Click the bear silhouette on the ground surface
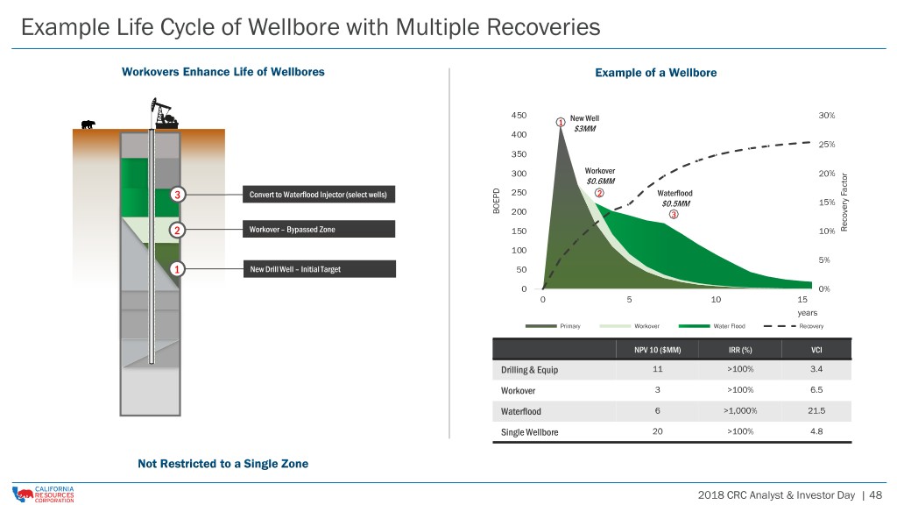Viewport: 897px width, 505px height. pyautogui.click(x=88, y=124)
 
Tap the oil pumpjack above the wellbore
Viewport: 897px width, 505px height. pyautogui.click(x=165, y=113)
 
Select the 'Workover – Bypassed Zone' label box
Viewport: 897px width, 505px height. pyautogui.click(x=319, y=229)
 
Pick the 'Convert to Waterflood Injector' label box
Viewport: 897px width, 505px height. pyautogui.click(x=319, y=195)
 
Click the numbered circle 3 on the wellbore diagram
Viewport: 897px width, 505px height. pyautogui.click(x=177, y=195)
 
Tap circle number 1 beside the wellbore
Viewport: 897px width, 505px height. pyautogui.click(x=177, y=269)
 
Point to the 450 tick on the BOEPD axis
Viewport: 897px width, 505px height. pyautogui.click(x=519, y=115)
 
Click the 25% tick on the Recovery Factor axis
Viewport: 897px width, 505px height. pyautogui.click(x=827, y=145)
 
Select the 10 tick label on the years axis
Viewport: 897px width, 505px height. pyautogui.click(x=716, y=300)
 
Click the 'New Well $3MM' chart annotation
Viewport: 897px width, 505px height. pyautogui.click(x=584, y=124)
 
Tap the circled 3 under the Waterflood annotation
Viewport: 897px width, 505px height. pyautogui.click(x=674, y=215)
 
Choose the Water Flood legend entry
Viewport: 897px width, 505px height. pyautogui.click(x=711, y=326)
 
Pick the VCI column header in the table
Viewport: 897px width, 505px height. pyautogui.click(x=816, y=350)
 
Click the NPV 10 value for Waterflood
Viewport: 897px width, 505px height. pyautogui.click(x=657, y=410)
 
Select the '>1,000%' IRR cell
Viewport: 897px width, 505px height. pyautogui.click(x=740, y=410)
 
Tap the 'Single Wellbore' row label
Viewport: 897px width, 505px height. pyautogui.click(x=530, y=432)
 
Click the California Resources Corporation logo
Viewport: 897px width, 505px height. pyautogui.click(x=44, y=494)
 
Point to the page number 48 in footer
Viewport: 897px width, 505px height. pyautogui.click(x=876, y=494)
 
